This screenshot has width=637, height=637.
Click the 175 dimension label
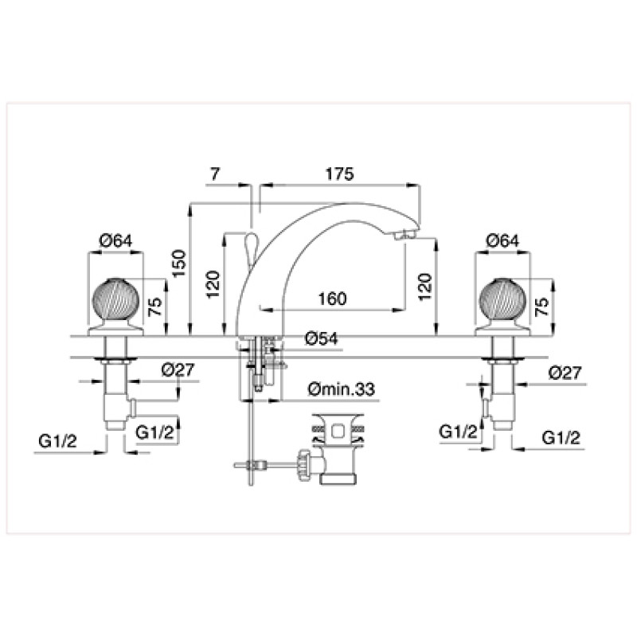(x=340, y=174)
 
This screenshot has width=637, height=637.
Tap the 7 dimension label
(x=215, y=174)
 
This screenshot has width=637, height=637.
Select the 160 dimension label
(x=332, y=299)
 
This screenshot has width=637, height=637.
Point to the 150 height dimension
(x=179, y=264)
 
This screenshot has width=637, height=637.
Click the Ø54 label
(x=322, y=338)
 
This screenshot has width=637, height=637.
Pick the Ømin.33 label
(x=342, y=389)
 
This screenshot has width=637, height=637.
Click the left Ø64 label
(x=115, y=240)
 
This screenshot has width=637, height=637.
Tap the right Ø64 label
(x=502, y=240)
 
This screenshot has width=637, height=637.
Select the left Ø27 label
(x=178, y=369)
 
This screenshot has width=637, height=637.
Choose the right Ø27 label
(x=565, y=373)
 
